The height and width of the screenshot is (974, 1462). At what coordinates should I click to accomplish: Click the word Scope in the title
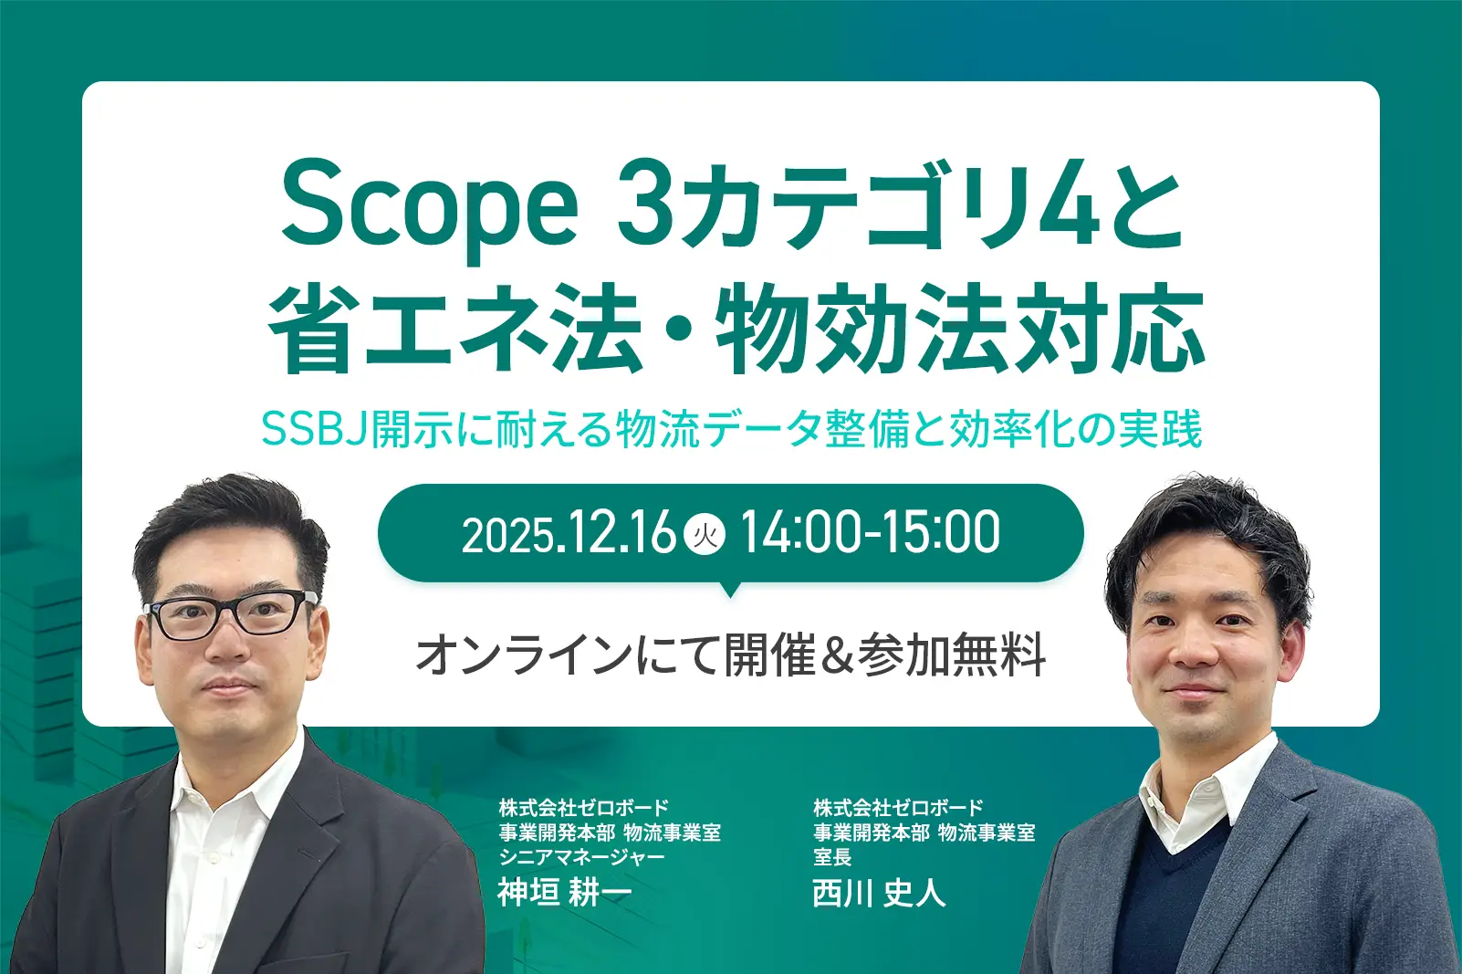(x=430, y=208)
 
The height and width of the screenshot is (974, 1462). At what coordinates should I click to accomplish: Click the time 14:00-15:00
(x=871, y=533)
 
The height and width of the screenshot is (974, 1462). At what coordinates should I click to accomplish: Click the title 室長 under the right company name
(x=832, y=856)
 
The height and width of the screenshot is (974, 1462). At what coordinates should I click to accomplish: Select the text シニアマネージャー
(x=581, y=856)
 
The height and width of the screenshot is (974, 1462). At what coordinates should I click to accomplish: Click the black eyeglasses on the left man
(x=230, y=613)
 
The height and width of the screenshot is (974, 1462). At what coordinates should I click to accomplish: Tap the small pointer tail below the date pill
(x=730, y=589)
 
